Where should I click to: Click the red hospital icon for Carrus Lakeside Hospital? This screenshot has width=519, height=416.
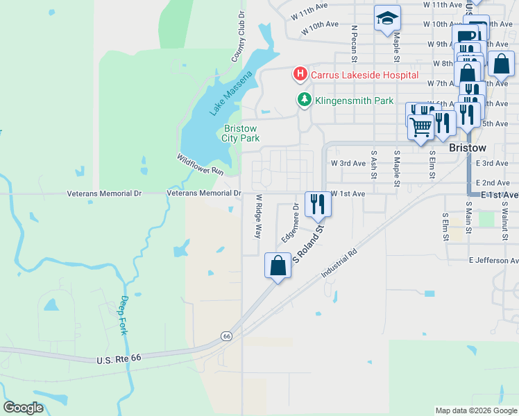[300, 73]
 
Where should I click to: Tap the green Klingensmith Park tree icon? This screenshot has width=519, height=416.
[304, 100]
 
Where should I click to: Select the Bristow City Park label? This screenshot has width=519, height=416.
[240, 133]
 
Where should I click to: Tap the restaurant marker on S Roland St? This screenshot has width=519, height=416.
[318, 203]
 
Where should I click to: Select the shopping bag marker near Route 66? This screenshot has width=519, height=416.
[278, 266]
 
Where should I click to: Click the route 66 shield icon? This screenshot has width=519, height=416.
[226, 336]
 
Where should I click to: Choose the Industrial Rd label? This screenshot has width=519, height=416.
[339, 264]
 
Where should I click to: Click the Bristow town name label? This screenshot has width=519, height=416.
[468, 148]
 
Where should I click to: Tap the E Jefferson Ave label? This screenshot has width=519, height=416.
[493, 261]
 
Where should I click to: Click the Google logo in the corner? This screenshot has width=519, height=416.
[23, 408]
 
